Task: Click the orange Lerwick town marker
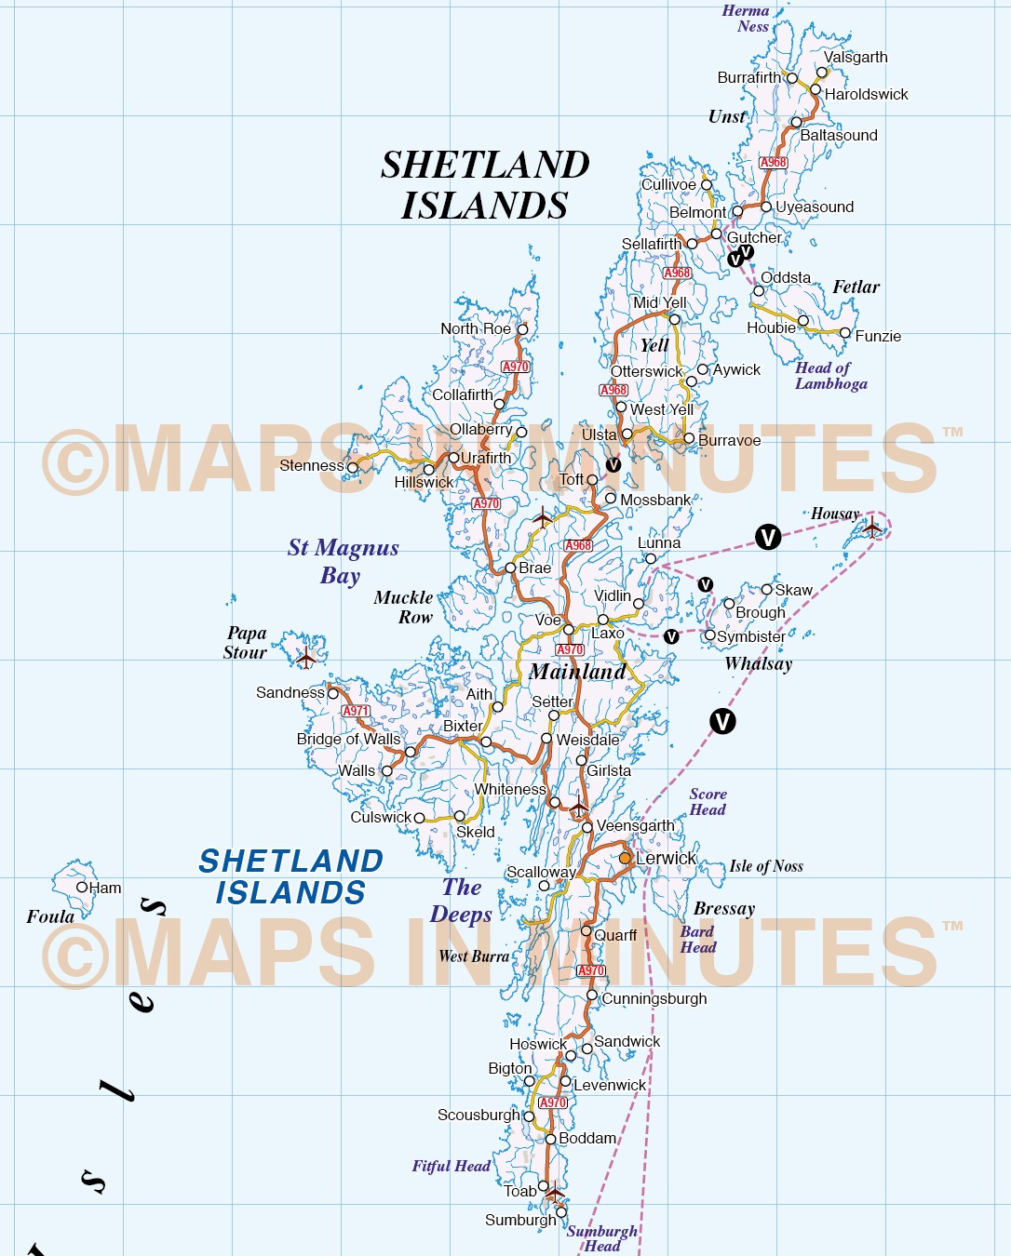625,858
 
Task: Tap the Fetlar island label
856,287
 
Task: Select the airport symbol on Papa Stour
306,658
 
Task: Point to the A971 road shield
356,711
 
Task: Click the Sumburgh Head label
601,1238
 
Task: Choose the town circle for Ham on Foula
82,888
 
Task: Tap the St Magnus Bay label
343,561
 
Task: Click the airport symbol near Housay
872,528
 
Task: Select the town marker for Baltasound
796,123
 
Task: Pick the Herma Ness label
747,19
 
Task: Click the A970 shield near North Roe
516,367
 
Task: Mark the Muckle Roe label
404,607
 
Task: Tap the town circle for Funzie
845,333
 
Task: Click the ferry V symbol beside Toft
613,465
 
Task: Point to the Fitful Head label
451,1166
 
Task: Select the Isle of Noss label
765,866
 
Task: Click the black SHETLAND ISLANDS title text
485,184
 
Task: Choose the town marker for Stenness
352,467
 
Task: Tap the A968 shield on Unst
773,162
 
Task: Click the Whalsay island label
758,663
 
